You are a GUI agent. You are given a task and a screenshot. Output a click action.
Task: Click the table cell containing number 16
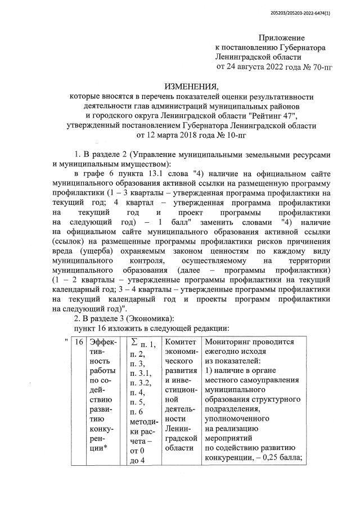[x=79, y=342]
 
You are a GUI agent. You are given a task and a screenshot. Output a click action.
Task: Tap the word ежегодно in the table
[x=223, y=352]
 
